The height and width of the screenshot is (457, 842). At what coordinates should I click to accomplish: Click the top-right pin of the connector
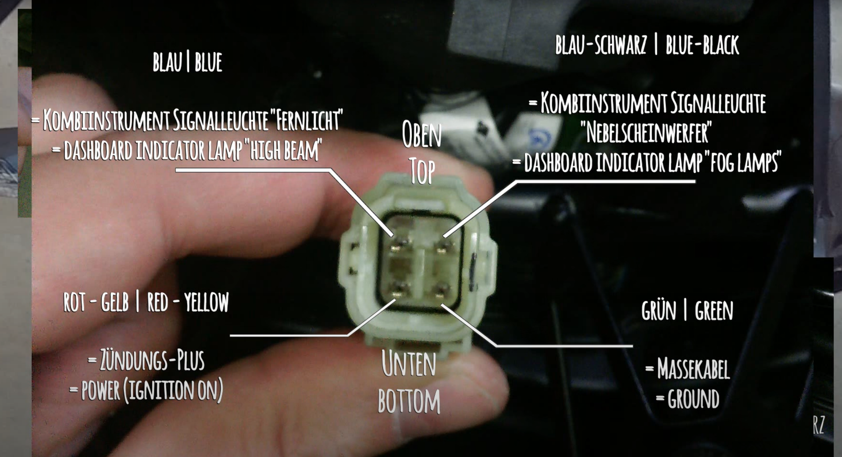tap(442, 247)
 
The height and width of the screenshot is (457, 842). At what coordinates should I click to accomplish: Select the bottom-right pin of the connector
tap(442, 290)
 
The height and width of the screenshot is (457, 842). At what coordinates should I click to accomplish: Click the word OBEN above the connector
tap(422, 135)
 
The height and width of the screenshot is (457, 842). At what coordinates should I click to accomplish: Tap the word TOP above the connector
tap(422, 171)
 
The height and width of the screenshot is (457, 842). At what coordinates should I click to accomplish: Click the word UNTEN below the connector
tap(409, 364)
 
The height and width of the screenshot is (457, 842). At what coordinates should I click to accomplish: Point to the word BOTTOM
tap(409, 400)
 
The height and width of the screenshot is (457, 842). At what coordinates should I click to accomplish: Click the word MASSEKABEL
tap(693, 369)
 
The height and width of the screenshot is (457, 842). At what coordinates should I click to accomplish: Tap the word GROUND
tap(693, 399)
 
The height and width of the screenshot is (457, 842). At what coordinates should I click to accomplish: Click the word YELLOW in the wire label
tap(207, 302)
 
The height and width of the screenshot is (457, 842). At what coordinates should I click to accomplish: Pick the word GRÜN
tap(659, 310)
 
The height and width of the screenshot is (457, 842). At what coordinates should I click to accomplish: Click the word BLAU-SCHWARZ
tap(601, 45)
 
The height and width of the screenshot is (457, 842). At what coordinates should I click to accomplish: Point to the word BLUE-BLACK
tap(702, 45)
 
